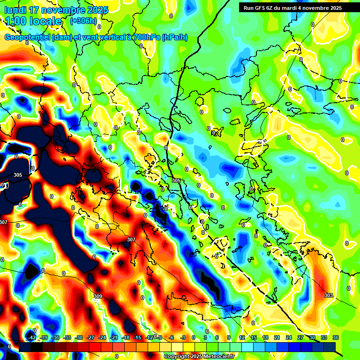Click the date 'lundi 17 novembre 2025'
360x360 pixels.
56,10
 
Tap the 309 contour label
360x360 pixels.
98,296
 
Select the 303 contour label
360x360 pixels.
329,295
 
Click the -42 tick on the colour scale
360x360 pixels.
32,337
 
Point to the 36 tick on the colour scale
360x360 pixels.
336,337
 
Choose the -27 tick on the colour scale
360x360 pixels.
91,337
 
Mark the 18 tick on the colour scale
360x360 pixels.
265,337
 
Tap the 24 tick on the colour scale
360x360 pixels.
289,337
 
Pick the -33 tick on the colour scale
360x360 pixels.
67,337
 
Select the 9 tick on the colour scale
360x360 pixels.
229,337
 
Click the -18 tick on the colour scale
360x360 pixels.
126,337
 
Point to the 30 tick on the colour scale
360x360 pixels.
312,337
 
